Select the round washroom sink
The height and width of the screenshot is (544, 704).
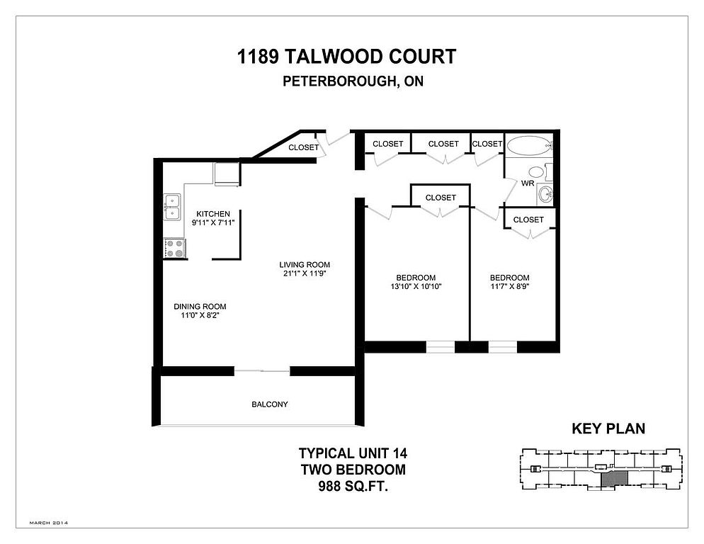pyautogui.click(x=545, y=195)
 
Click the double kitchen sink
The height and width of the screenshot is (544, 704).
pyautogui.click(x=172, y=207)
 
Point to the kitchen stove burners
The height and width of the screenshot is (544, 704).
pyautogui.click(x=175, y=249)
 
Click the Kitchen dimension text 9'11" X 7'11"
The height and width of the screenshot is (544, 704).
pyautogui.click(x=213, y=222)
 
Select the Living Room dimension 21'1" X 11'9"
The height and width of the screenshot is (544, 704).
pyautogui.click(x=305, y=273)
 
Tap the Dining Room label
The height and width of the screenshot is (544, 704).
pyautogui.click(x=200, y=307)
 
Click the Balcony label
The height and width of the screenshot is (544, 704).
pyautogui.click(x=269, y=404)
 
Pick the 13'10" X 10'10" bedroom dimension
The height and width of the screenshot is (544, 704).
pyautogui.click(x=416, y=286)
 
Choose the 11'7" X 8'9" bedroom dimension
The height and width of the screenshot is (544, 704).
pyautogui.click(x=510, y=286)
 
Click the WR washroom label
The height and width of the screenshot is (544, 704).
pyautogui.click(x=528, y=183)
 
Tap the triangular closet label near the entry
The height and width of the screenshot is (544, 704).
pyautogui.click(x=304, y=147)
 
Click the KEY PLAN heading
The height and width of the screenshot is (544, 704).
pyautogui.click(x=608, y=429)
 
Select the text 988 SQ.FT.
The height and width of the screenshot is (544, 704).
pyautogui.click(x=353, y=486)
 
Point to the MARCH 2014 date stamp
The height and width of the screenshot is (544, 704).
pyautogui.click(x=48, y=523)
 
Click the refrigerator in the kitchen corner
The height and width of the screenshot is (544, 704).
pyautogui.click(x=227, y=174)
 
